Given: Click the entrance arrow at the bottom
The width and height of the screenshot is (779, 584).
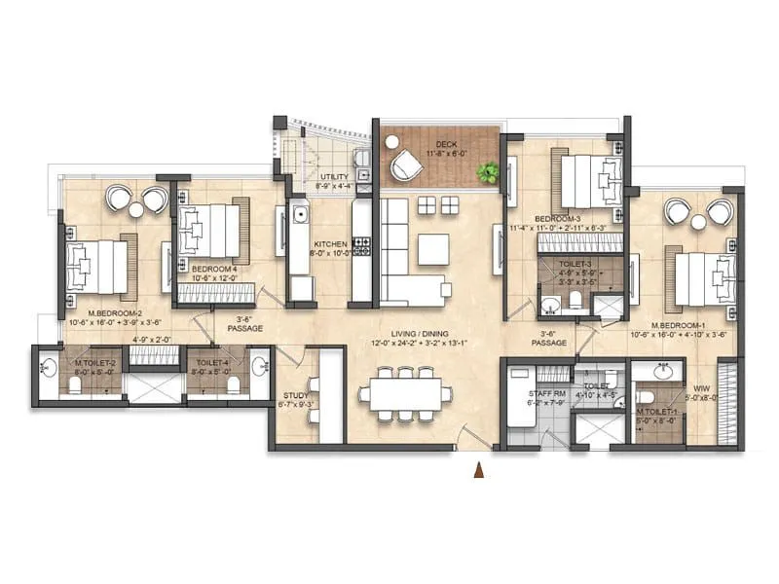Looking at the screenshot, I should [478, 472].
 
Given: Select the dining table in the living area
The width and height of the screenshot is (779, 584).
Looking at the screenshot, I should [405, 394].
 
